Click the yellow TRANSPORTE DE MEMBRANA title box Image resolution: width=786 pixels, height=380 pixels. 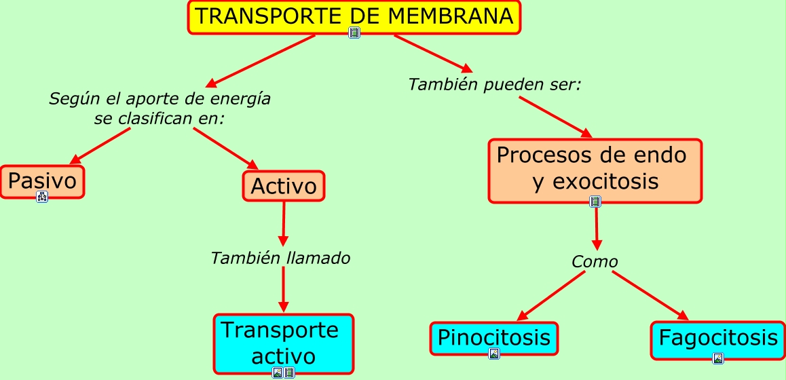click(354, 16)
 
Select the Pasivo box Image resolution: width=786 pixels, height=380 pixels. click(42, 181)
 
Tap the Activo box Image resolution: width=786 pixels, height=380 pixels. click(284, 186)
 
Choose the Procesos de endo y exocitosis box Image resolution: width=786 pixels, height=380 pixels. click(595, 170)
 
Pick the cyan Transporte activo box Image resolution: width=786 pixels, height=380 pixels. click(284, 343)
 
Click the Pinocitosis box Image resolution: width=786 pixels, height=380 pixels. click(493, 337)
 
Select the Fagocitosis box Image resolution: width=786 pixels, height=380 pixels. click(718, 338)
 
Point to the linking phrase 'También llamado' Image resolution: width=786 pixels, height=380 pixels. click(280, 259)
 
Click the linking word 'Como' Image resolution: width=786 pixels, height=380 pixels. click(595, 262)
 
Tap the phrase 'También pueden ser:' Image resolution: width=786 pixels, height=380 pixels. click(495, 85)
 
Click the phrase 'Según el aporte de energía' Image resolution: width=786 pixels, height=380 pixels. click(160, 99)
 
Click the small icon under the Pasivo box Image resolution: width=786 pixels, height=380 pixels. click(42, 197)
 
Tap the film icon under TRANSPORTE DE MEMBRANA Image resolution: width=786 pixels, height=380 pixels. click(354, 32)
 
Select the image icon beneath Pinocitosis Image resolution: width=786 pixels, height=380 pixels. click(493, 354)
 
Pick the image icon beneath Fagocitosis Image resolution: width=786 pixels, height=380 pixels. click(718, 358)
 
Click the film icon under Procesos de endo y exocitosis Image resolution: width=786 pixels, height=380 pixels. click(595, 202)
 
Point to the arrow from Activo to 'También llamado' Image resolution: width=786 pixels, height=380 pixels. click(283, 224)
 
